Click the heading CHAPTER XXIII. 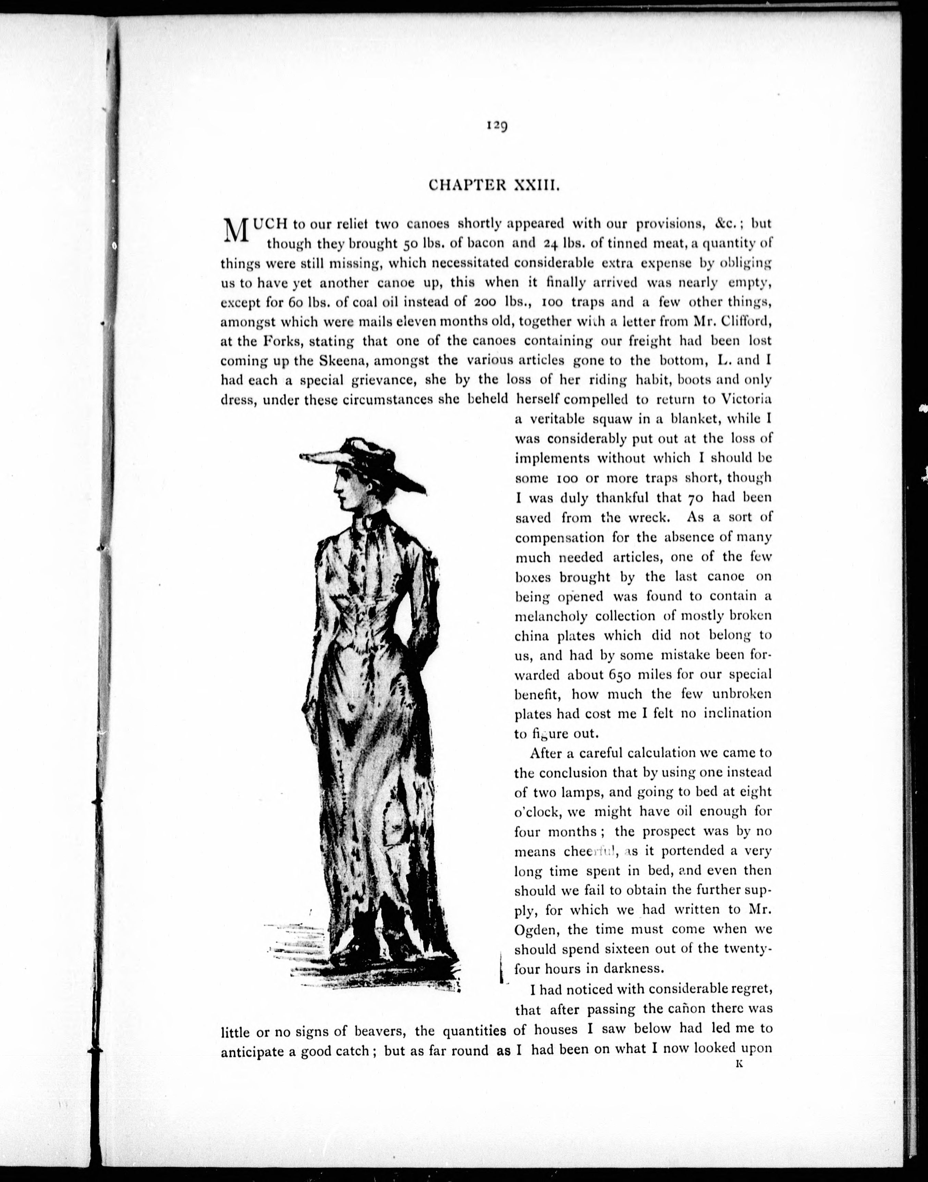pos(494,185)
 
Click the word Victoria pos(745,399)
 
